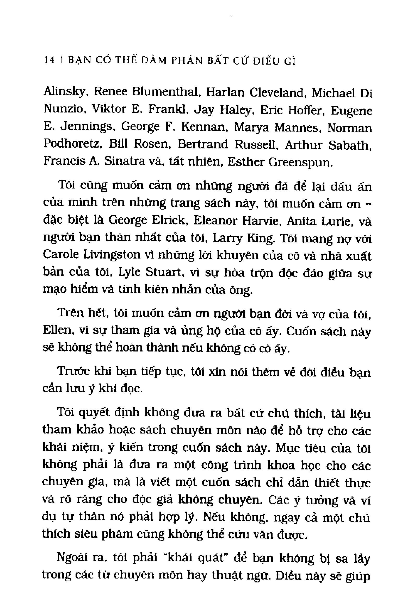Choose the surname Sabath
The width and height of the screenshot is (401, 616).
pyautogui.click(x=349, y=145)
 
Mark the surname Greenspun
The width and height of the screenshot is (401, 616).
pyautogui.click(x=300, y=162)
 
